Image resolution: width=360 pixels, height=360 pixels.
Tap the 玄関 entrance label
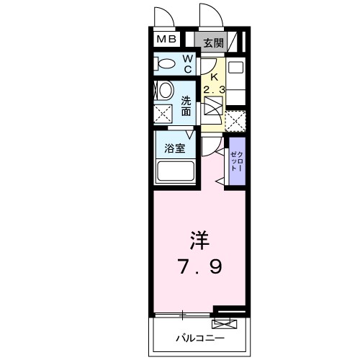[x=213, y=42]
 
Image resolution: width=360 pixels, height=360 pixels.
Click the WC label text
[x=186, y=63]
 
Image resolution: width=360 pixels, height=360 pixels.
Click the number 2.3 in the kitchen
[x=213, y=89]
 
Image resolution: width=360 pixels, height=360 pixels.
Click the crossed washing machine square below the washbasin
[x=163, y=114]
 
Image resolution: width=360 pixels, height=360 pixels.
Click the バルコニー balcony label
[x=200, y=338]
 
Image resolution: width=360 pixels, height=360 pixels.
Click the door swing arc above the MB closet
[x=163, y=17]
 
